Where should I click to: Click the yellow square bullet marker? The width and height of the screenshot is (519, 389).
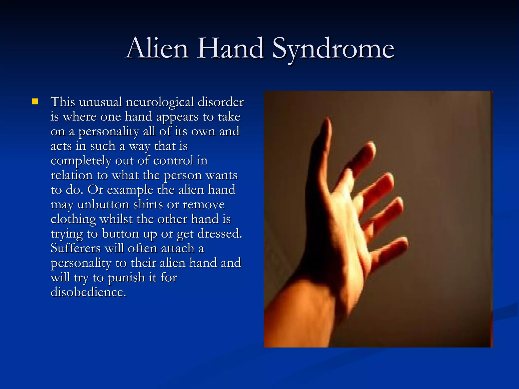[35, 102]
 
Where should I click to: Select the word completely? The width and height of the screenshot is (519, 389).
[81, 161]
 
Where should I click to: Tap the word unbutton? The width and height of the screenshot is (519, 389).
[103, 204]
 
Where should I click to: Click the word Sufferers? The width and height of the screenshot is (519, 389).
[76, 248]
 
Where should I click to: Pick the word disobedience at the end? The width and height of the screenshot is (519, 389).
[88, 292]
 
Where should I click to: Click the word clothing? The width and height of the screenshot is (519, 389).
[73, 220]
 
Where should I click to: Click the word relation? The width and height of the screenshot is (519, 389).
[72, 175]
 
